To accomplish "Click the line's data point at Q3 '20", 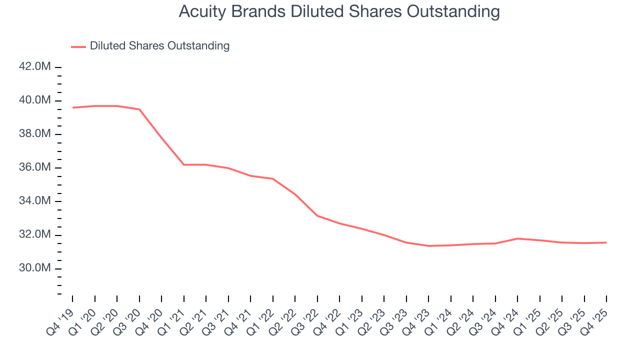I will click(x=139, y=109).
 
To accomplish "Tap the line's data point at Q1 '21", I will click(x=183, y=164).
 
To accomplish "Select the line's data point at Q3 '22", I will click(x=317, y=215).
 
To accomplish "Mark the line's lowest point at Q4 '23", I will click(x=428, y=246).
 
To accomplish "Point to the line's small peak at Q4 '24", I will click(x=517, y=238).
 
